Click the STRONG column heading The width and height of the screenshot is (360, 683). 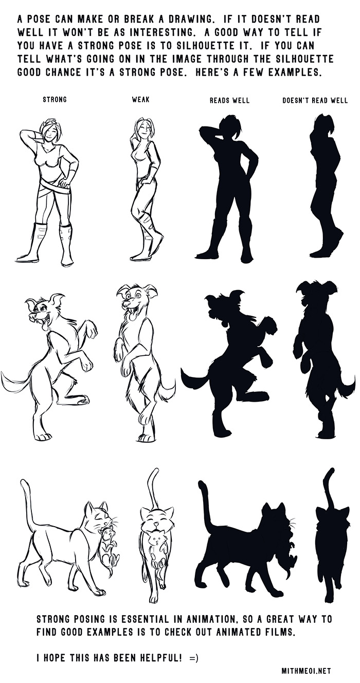[x=55, y=99]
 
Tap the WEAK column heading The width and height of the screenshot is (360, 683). [x=141, y=99]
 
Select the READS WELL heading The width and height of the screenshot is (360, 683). [x=229, y=100]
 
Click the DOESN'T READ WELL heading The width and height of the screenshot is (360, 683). [x=315, y=100]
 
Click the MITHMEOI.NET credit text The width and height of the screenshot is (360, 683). [x=306, y=671]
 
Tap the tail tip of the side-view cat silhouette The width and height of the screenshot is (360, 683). [x=201, y=483]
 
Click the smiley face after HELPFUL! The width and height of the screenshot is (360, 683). [x=193, y=649]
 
